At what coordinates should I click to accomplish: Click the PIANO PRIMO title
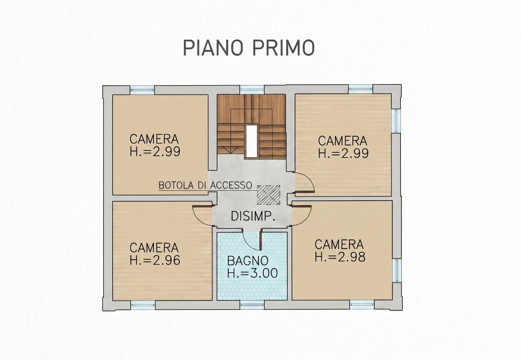click(249, 48)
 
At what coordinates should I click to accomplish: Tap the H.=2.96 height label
click(155, 260)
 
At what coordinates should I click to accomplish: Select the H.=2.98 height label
click(340, 257)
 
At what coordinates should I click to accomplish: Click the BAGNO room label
click(248, 261)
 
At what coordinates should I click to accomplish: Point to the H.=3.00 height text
click(252, 273)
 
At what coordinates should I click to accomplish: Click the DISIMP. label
click(253, 216)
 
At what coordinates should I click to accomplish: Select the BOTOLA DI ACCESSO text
click(205, 185)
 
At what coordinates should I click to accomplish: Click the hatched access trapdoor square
click(269, 195)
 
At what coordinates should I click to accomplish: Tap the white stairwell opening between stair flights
click(251, 142)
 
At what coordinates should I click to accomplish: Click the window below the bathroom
click(252, 305)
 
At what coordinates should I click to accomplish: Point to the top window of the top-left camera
click(142, 90)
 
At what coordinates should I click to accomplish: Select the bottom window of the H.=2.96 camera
click(143, 305)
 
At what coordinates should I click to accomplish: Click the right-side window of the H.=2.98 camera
click(397, 271)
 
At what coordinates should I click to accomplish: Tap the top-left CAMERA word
click(154, 139)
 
